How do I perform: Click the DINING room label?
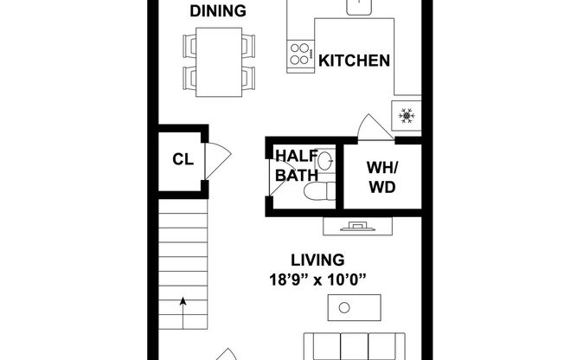[218, 11]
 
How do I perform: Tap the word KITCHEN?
[354, 61]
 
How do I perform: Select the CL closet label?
[182, 158]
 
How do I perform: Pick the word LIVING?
[317, 260]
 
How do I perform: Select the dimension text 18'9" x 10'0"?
[317, 279]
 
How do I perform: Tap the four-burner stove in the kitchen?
[302, 55]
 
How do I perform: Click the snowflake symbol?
[407, 114]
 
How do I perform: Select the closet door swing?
[218, 160]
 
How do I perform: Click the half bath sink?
[325, 160]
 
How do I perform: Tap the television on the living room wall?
[356, 227]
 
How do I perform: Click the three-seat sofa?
[356, 345]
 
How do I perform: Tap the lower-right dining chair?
[247, 77]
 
